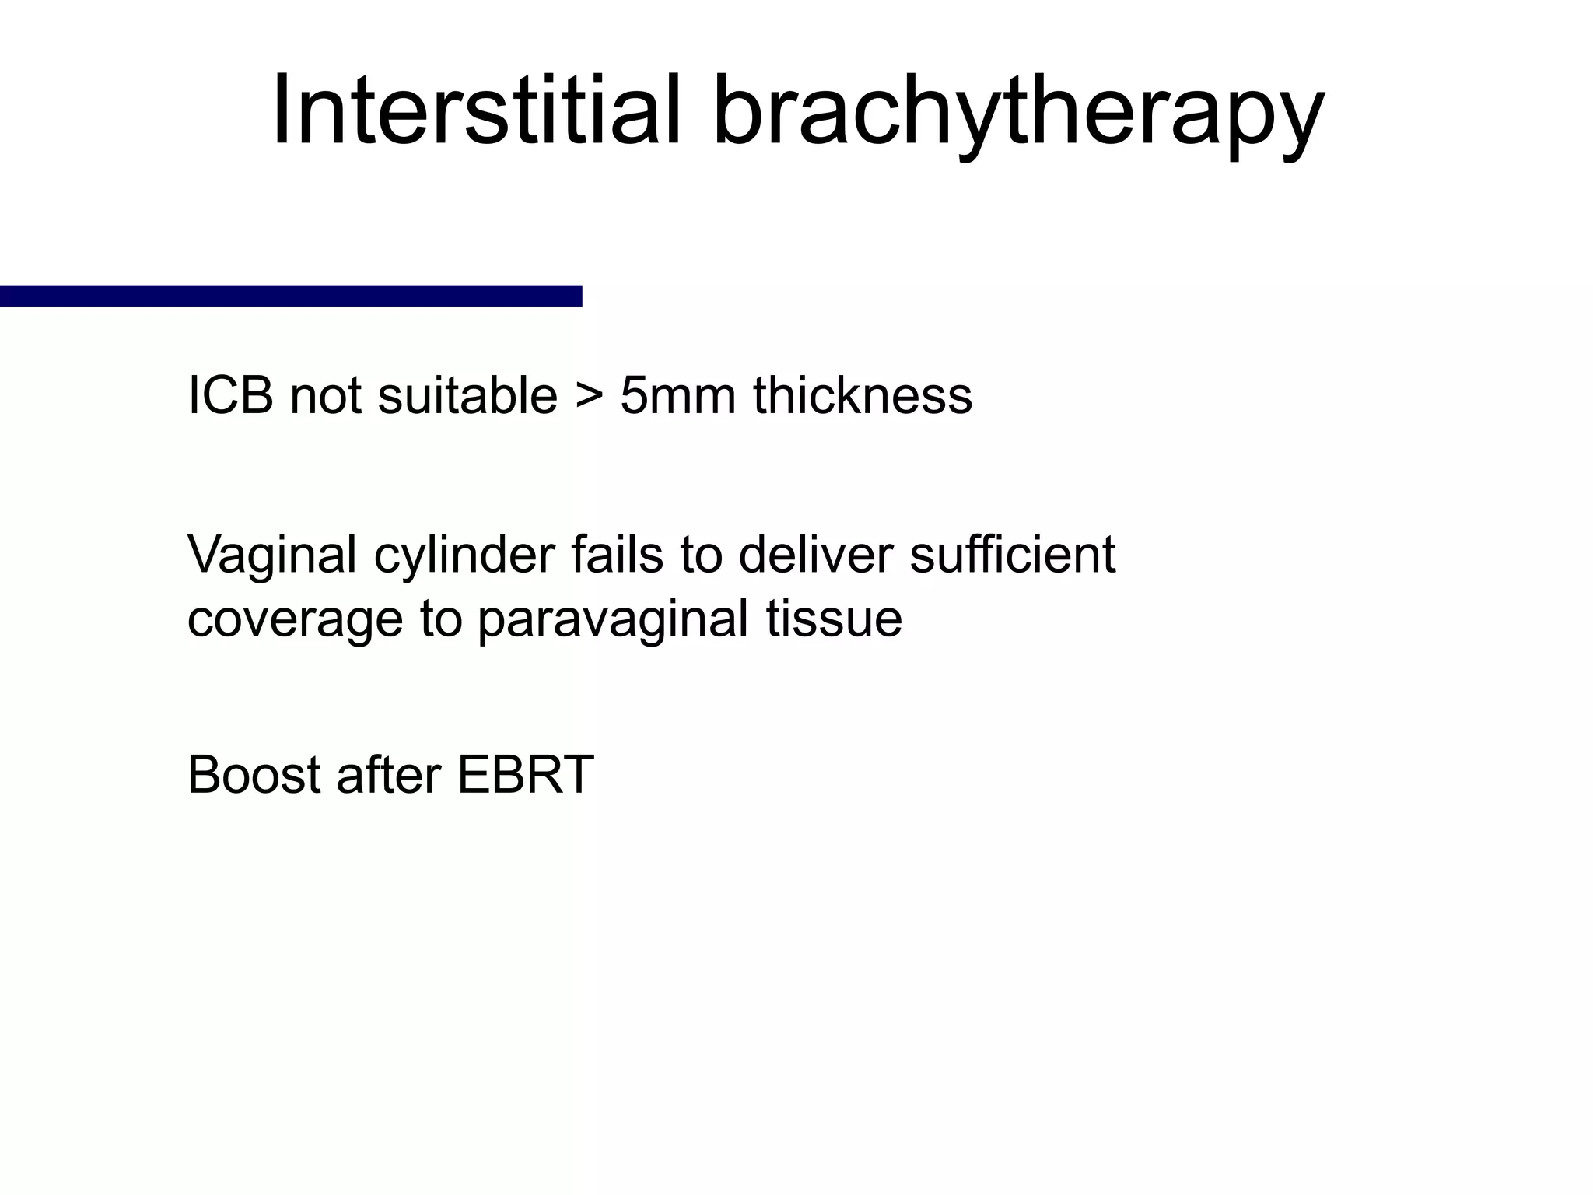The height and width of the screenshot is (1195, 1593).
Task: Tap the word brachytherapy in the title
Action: click(1018, 110)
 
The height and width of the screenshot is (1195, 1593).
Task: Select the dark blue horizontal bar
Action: click(291, 296)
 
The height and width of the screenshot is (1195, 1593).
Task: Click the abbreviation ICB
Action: click(230, 395)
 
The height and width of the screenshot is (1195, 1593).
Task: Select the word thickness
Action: click(863, 395)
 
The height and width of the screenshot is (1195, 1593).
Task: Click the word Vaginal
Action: click(273, 555)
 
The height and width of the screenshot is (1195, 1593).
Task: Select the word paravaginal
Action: click(613, 619)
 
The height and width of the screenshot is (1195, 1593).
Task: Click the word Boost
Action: click(254, 775)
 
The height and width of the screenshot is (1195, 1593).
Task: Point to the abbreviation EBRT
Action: click(525, 775)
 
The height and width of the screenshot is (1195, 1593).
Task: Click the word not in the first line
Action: click(325, 395)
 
